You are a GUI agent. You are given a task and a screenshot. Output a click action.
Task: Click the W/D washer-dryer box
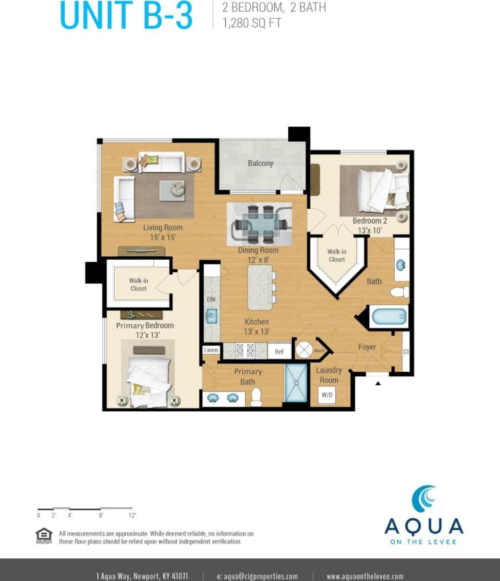[x=327, y=395]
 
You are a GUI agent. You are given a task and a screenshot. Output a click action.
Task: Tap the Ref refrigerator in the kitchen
[x=279, y=351]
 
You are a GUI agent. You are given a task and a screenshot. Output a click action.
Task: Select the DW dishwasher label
[x=211, y=300]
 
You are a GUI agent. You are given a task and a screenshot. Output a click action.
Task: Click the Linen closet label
[x=211, y=350]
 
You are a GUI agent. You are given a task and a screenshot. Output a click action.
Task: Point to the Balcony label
[x=260, y=163]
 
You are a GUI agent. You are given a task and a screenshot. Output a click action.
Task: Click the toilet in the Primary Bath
[x=256, y=397]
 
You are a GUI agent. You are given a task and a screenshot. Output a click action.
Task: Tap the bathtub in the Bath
[x=389, y=317]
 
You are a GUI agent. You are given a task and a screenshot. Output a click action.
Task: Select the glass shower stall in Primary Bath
[x=296, y=382]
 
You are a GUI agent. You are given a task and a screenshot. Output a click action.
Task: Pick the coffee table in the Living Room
[x=172, y=190]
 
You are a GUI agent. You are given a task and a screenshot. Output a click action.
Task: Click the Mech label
[x=319, y=350]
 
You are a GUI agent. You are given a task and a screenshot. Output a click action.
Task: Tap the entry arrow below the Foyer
[x=378, y=383]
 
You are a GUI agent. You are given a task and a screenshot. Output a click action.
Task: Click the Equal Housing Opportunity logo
[x=44, y=535]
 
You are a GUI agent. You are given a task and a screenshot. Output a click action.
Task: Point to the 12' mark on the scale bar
[x=132, y=515]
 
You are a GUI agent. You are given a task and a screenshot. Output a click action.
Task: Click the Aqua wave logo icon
[x=424, y=499]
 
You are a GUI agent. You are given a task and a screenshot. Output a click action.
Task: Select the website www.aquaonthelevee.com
[x=365, y=576]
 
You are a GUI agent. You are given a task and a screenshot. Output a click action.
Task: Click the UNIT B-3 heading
[x=126, y=15]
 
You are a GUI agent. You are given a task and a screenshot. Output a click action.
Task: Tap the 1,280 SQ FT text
[x=252, y=23]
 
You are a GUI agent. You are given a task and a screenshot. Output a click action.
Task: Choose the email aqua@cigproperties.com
[x=257, y=576]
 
